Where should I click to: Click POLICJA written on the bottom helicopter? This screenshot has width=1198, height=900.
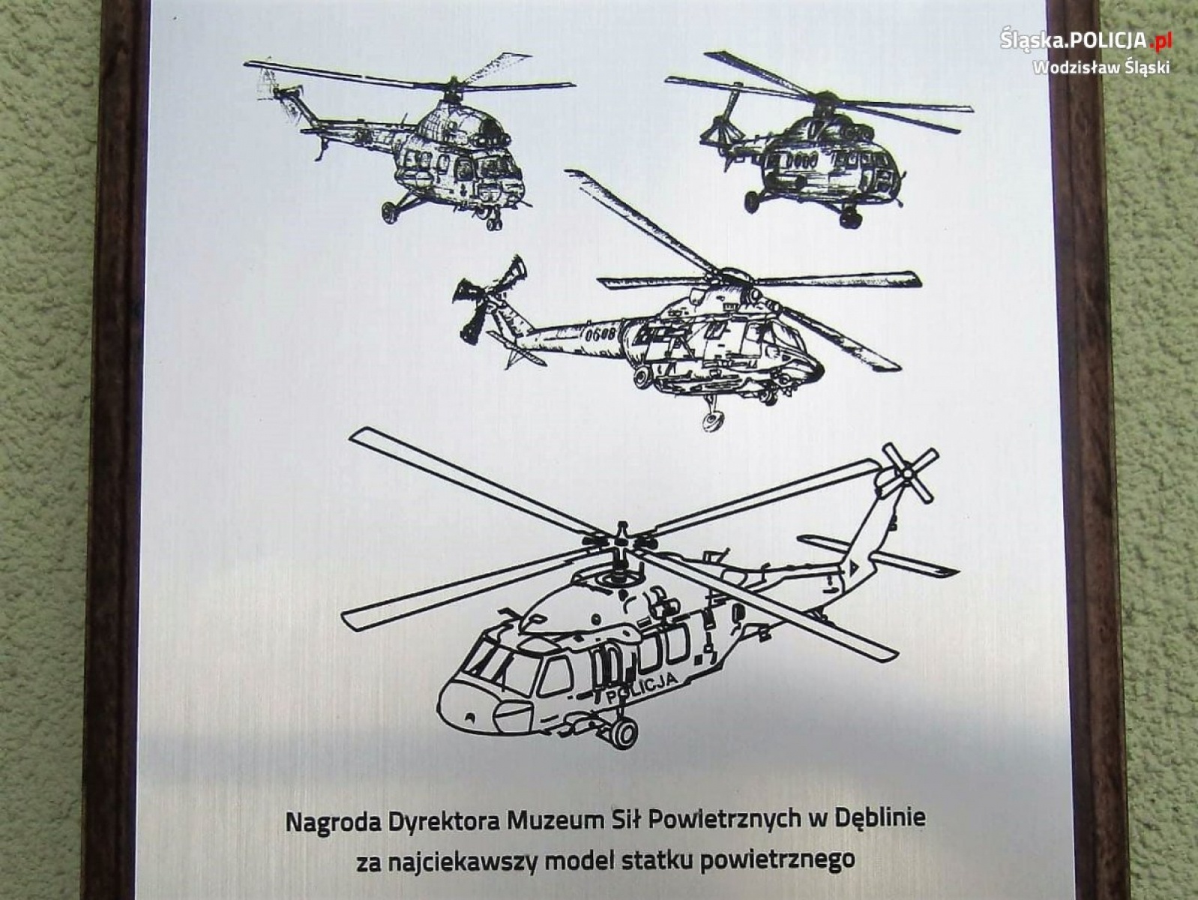pyautogui.click(x=642, y=688)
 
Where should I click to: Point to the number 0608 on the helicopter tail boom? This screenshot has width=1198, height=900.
pyautogui.click(x=600, y=333)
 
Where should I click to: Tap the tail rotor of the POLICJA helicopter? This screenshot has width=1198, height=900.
pyautogui.click(x=909, y=472)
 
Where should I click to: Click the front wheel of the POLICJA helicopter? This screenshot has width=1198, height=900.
pyautogui.click(x=623, y=732)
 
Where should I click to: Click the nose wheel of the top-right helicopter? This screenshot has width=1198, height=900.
pyautogui.click(x=850, y=217)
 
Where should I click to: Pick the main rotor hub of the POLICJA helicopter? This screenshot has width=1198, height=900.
pyautogui.click(x=621, y=542)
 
